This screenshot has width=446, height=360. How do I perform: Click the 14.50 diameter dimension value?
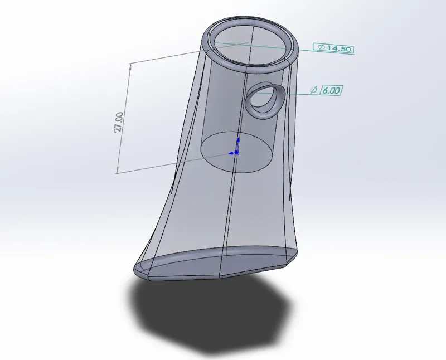338,48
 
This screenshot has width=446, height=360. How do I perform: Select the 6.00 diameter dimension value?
331,90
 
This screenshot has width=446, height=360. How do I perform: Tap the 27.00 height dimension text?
119,122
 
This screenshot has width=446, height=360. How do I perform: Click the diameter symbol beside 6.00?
313,90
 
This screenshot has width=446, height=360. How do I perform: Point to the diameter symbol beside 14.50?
321,47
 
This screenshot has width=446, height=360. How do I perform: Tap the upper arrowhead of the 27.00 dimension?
130,66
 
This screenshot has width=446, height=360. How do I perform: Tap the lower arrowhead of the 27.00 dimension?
117,170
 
